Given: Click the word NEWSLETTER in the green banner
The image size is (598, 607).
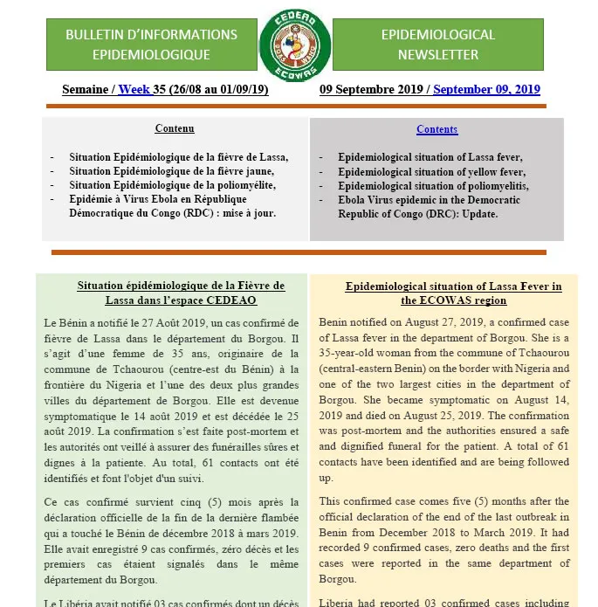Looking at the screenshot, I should (437, 54).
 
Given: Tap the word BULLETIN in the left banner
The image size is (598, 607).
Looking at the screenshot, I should (92, 35).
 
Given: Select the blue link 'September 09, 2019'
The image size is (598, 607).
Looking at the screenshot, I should (486, 90).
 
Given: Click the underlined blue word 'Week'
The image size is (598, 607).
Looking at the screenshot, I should (134, 90).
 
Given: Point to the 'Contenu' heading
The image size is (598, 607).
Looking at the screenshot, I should (175, 128).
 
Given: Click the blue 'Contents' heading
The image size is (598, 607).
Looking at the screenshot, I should (436, 129).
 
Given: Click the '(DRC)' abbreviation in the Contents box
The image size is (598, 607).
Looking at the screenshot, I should (421, 214).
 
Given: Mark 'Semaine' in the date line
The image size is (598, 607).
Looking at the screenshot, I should (85, 90).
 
